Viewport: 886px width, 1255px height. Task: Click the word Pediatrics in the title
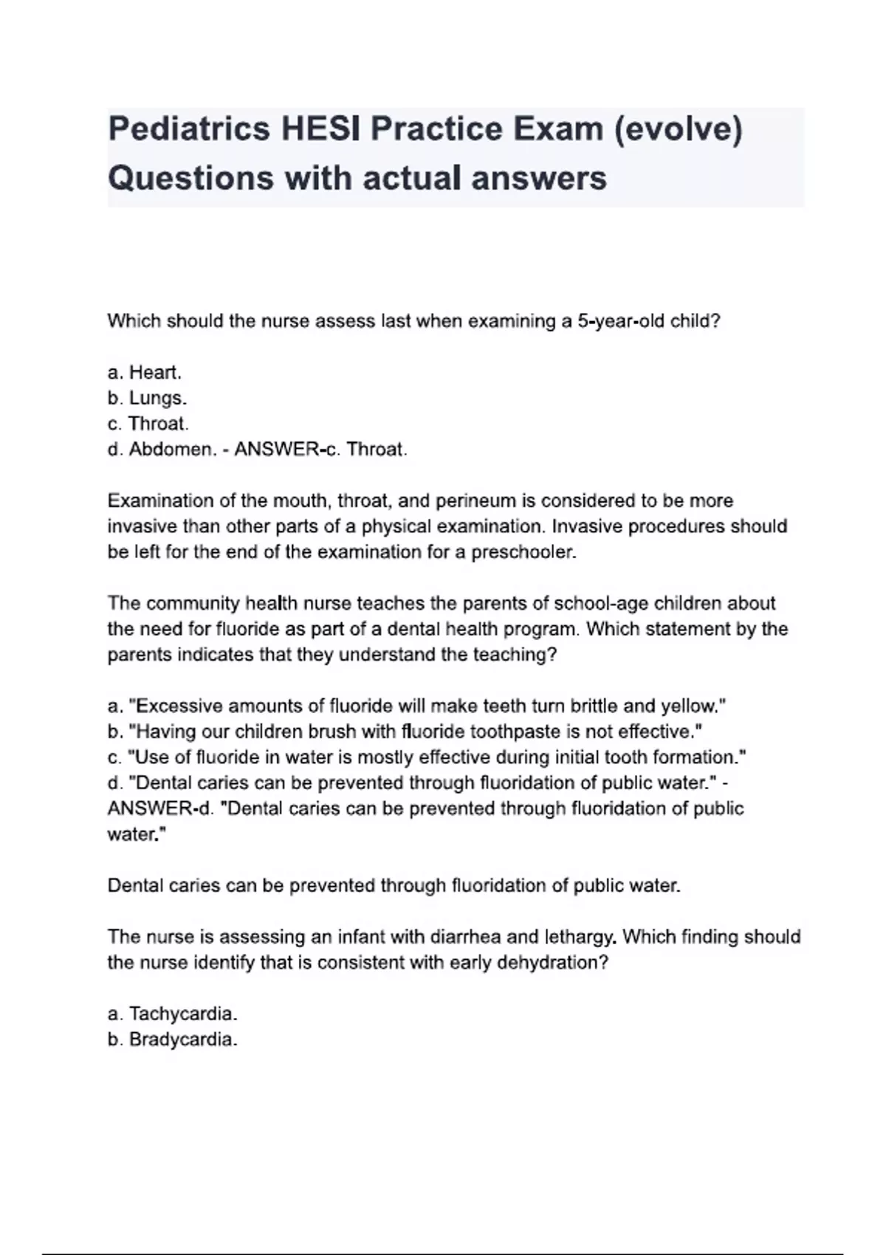point(190,129)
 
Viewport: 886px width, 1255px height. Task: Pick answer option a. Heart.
point(145,372)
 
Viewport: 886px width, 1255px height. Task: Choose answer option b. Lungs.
point(147,398)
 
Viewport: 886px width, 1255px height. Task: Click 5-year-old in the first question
point(631,321)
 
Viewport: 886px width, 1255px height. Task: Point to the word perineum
point(476,501)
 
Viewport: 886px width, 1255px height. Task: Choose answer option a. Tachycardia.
point(173,1014)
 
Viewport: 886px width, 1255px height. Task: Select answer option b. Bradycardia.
point(173,1039)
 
